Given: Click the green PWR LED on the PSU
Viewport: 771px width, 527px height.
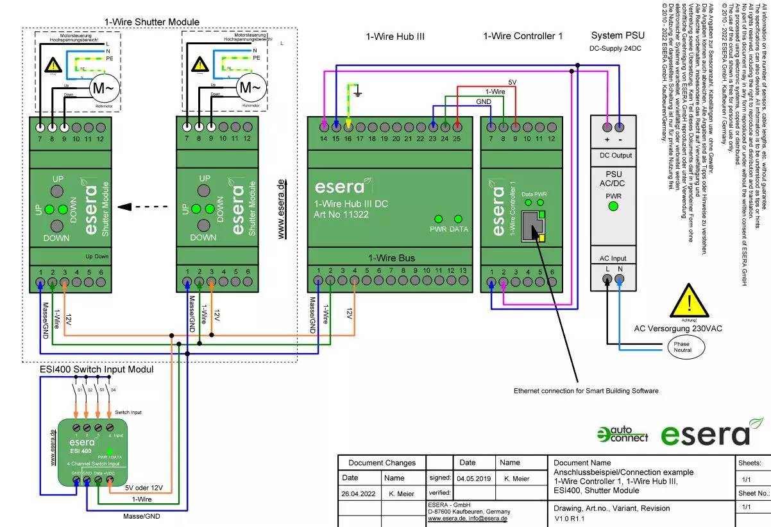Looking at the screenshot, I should click(595, 206).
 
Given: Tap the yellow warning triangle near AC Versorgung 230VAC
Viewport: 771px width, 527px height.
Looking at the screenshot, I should click(688, 302).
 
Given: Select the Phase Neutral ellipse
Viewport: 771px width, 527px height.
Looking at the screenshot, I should click(682, 347).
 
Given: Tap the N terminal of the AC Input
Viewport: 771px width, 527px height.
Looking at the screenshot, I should click(619, 279).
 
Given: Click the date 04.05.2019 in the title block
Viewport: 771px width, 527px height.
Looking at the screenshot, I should click(473, 479).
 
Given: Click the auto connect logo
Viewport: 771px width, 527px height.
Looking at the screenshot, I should click(622, 435).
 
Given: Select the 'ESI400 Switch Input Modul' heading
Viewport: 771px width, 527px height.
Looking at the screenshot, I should click(97, 370).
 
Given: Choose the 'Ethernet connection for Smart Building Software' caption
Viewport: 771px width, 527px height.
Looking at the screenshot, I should click(586, 390).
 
